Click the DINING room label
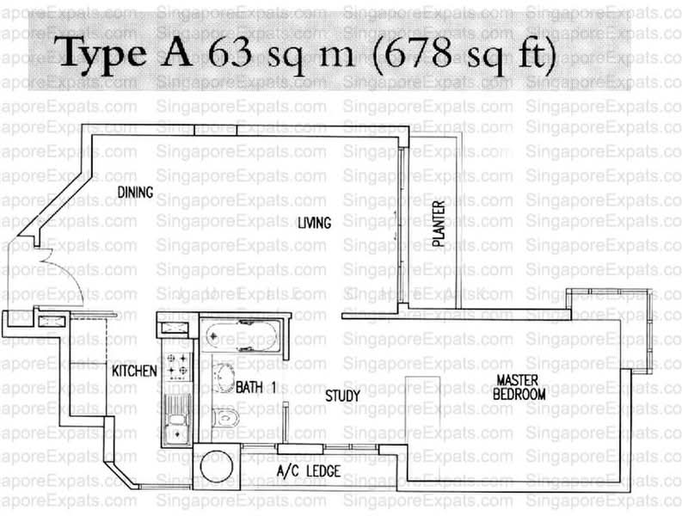pos(135,192)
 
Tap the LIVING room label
pos(314,223)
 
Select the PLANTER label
pos(439,224)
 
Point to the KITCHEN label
pos(134,372)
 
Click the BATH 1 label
pos(255,387)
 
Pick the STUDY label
pos(343,396)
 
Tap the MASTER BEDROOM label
pos(519,387)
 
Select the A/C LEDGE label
pos(309,470)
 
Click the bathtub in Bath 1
pos(242,335)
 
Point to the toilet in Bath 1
pos(225,418)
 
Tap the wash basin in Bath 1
pos(224,378)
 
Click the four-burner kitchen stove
pos(178,365)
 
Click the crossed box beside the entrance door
pos(52,322)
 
